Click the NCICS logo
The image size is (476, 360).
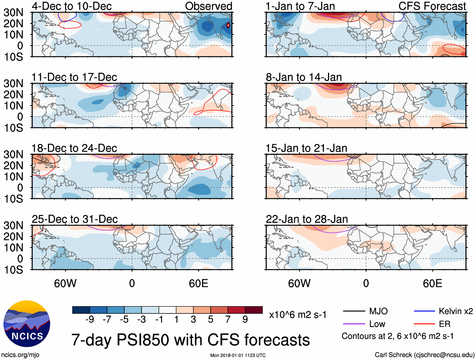pos(27,324)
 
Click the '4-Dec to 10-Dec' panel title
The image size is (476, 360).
pos(72,6)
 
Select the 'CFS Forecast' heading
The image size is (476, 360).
pos(432,6)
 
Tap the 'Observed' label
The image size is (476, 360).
pos(208,6)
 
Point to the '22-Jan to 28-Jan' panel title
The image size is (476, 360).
pos(307,219)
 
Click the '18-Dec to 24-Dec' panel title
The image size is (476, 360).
pos(74,148)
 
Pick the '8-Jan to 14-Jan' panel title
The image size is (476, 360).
pos(304,77)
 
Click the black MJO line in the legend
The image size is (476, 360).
pos(354,311)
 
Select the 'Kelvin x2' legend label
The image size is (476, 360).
pos(456,311)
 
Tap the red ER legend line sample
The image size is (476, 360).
pos(424,324)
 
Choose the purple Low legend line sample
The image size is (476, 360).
pos(354,324)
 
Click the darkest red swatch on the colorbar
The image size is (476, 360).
pos(254,310)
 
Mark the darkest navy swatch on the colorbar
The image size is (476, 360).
pos(81,310)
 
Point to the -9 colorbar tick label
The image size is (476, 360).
pos(90,320)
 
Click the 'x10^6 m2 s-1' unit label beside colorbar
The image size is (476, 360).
pos(298,315)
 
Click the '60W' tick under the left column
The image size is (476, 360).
pos(65,283)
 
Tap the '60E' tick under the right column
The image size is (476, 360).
pos(432,283)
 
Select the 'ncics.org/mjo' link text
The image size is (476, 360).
pos(20,355)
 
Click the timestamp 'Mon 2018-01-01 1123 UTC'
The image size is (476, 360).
pos(238,355)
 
